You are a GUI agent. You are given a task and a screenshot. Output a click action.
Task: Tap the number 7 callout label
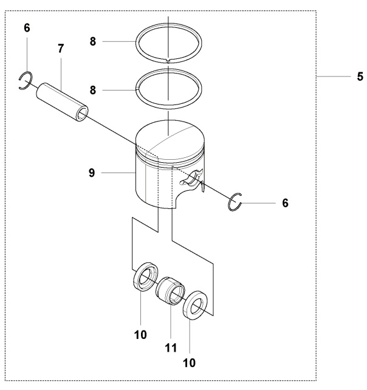click(x=60, y=48)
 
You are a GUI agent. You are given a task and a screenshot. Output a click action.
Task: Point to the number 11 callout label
click(x=170, y=348)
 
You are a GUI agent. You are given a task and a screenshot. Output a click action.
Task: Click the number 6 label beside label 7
click(x=26, y=28)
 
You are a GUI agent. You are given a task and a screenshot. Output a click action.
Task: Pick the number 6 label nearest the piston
click(x=285, y=202)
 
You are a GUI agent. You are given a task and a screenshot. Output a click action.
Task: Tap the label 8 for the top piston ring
click(x=92, y=41)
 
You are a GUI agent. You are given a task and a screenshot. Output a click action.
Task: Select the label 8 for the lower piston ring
click(x=92, y=89)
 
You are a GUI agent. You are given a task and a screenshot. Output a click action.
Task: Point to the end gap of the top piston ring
click(x=168, y=61)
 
